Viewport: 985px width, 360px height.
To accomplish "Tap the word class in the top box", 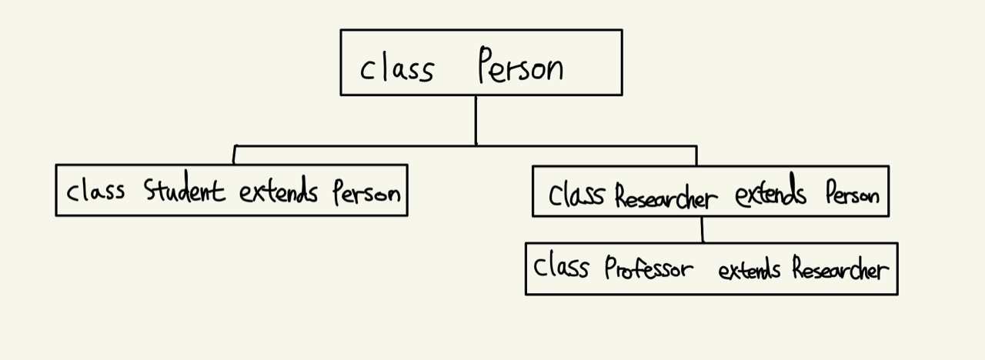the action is point(397,69).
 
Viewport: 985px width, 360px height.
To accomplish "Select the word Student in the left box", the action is point(184,190).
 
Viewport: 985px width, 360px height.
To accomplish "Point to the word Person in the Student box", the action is point(366,191).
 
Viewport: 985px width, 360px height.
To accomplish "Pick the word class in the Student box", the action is point(95,190).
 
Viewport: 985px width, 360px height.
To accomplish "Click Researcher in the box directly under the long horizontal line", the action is point(666,196).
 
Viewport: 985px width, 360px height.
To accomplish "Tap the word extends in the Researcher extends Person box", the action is point(770,194).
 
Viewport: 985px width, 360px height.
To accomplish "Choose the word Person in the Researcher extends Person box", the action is point(852,195).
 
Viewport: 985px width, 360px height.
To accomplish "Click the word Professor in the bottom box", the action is point(648,269).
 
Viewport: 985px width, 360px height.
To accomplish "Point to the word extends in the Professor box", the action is point(750,270).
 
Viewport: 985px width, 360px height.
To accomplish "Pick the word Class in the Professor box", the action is point(562,268).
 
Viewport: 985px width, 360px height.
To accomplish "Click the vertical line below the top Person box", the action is point(476,120).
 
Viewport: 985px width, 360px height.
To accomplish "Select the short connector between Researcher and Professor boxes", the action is point(702,229).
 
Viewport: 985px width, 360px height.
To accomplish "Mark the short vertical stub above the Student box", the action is point(234,155).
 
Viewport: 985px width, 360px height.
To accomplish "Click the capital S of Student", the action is point(151,189).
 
